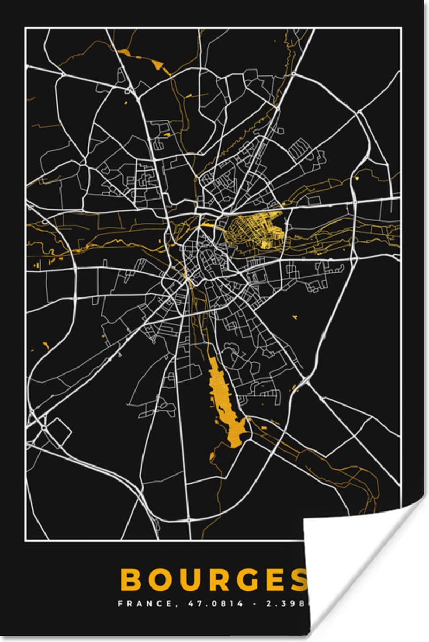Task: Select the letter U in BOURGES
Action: pyautogui.click(x=191, y=579)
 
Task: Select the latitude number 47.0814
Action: pyautogui.click(x=208, y=604)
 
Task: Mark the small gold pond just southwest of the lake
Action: pyautogui.click(x=213, y=456)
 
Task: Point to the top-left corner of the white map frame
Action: pyautogui.click(x=26, y=29)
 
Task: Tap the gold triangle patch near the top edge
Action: pyautogui.click(x=158, y=65)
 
